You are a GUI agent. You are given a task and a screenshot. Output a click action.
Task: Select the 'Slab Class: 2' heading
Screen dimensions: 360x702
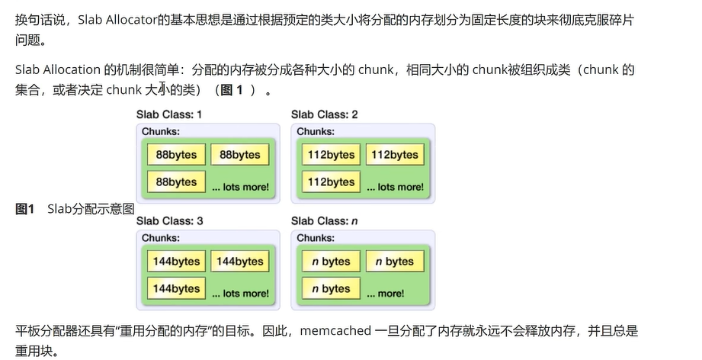[x=324, y=114]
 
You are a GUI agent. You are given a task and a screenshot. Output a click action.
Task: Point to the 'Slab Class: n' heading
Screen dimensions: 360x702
[x=324, y=221]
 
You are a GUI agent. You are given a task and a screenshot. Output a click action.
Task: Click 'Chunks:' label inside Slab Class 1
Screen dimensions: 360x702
[x=160, y=131]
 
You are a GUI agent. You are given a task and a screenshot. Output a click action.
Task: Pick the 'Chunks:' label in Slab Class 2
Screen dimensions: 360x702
[x=315, y=131]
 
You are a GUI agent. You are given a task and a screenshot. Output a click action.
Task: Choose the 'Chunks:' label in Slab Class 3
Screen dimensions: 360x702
[x=160, y=238]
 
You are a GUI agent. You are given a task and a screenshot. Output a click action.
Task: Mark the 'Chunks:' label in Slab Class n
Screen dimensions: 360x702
[x=315, y=238]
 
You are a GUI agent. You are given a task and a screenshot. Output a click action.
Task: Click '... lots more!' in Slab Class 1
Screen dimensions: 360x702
[x=240, y=187]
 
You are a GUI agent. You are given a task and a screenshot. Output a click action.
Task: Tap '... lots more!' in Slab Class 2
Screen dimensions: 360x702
[x=395, y=187]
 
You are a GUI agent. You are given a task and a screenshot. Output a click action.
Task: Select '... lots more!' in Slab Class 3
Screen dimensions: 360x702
[x=240, y=293]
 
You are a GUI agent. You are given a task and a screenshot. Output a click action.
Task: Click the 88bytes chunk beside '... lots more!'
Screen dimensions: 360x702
[x=176, y=182]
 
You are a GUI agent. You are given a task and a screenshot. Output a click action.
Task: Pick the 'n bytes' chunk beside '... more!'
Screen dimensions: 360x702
[x=331, y=289]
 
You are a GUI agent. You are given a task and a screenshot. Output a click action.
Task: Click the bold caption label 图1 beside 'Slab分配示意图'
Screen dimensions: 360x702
[x=25, y=208]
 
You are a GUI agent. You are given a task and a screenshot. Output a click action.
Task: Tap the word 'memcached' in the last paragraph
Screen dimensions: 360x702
[x=335, y=331]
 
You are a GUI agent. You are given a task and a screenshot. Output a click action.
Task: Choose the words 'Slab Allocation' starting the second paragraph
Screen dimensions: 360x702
[x=57, y=70]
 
